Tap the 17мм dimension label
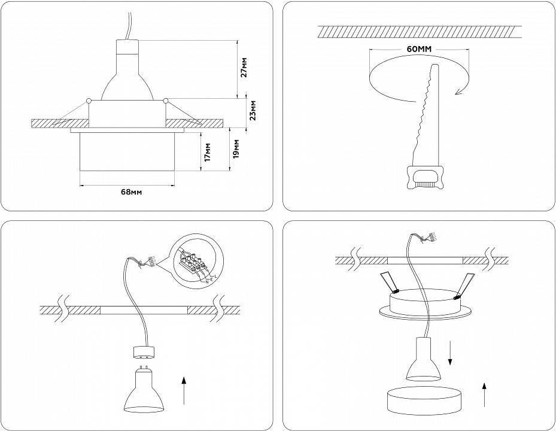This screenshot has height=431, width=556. pos(207,152)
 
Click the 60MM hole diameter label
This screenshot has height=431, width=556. pos(419,49)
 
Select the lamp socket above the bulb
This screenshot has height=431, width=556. pos(143,353)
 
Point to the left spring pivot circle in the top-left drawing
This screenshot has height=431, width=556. pos(89,100)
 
